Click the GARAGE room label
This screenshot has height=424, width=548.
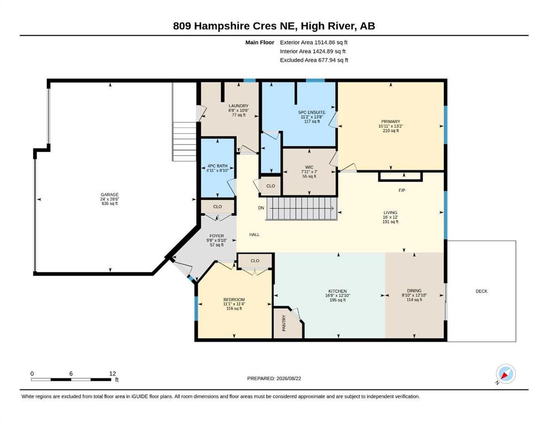(110, 195)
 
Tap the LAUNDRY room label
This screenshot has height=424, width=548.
(239, 106)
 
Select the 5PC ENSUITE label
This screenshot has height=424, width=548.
(312, 112)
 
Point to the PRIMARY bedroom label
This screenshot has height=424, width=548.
(391, 121)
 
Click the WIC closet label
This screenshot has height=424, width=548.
(309, 167)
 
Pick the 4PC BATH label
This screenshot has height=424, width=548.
(217, 166)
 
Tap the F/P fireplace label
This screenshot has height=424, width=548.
(402, 190)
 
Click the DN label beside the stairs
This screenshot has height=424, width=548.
(261, 208)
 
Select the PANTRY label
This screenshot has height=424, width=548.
(284, 323)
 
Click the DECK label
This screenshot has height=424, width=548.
(482, 291)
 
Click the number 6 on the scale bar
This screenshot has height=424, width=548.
(71, 374)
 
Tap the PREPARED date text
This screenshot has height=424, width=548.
(274, 378)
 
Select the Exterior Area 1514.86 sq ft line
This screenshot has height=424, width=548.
(313, 43)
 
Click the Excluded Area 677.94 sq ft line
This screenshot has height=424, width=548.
(314, 60)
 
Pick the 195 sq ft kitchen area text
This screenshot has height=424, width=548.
(338, 300)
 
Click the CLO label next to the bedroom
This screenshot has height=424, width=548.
(255, 261)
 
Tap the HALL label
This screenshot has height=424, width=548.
(254, 235)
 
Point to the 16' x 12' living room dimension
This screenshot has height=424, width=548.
(390, 217)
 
